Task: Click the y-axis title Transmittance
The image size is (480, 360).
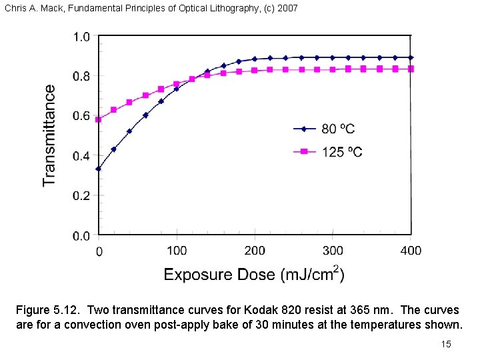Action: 49,135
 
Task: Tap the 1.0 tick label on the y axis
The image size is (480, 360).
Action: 81,37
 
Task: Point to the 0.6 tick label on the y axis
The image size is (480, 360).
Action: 81,116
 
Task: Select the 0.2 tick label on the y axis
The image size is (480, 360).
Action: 81,196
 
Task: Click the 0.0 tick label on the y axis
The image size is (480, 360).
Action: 81,236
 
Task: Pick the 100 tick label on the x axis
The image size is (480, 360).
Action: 177,251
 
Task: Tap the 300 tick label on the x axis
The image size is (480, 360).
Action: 333,251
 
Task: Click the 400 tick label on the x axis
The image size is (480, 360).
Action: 411,251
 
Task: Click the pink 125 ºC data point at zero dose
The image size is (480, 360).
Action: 99,119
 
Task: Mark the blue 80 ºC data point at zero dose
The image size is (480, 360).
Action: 99,169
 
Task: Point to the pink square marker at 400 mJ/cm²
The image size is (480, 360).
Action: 411,69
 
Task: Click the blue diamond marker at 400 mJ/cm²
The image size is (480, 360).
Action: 411,57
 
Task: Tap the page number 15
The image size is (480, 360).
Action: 446,344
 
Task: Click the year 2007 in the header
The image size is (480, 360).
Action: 287,9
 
